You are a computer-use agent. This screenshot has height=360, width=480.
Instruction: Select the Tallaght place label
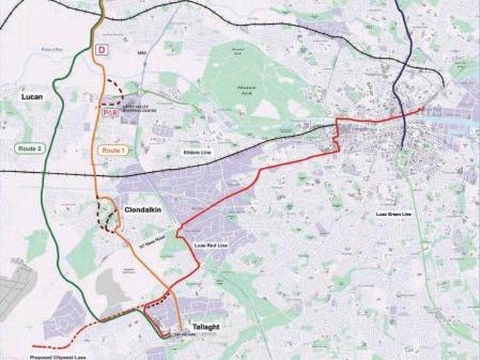tap(205, 326)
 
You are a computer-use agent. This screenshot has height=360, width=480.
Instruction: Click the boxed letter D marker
tap(102, 50)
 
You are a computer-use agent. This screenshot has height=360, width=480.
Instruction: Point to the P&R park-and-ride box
tap(109, 113)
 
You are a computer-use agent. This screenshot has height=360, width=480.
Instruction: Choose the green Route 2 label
tap(29, 148)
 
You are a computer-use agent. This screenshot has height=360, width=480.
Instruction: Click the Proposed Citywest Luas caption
tap(57, 356)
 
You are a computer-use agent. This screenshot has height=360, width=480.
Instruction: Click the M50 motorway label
tap(142, 53)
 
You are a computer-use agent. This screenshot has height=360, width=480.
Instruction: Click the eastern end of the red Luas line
tap(422, 109)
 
